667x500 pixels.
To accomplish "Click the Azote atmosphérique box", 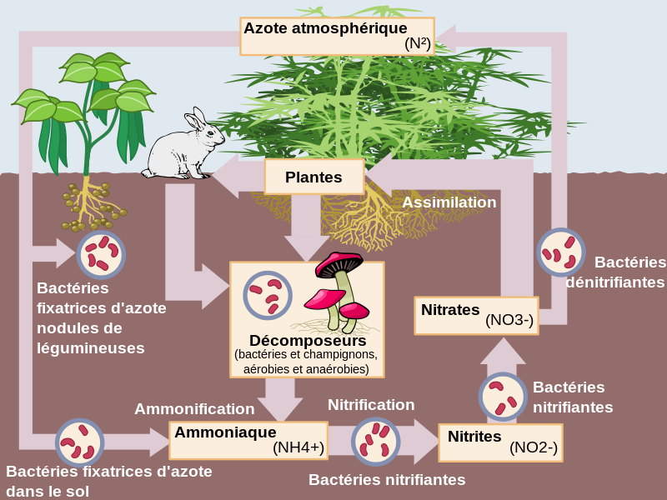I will coord(337,36).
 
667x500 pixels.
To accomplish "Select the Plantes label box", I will coord(313,177).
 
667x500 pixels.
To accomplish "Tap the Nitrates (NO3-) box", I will coord(476,315).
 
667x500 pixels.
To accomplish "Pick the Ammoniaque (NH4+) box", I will coord(248,440).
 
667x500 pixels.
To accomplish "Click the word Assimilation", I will coord(449,202).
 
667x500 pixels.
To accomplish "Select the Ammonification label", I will coord(194,409).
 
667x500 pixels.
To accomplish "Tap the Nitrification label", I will coord(371,405).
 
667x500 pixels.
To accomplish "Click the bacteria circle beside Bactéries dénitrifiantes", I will coord(559,252).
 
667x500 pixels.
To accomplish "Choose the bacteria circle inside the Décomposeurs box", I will coord(267,296).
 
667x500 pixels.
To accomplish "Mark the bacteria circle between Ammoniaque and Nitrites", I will coord(375,441).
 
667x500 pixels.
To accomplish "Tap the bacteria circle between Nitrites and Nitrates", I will coord(502,396).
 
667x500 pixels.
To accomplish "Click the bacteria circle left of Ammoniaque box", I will coord(79,442).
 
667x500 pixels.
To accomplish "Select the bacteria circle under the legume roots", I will coord(101,254).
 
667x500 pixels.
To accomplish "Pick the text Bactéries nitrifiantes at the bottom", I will coord(387,480).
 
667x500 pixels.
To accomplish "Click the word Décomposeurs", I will coord(307,341).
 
